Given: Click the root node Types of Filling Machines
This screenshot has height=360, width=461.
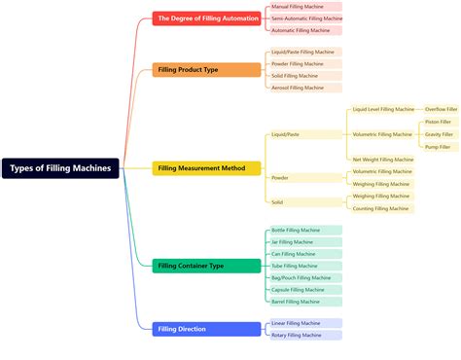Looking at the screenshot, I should (60, 168).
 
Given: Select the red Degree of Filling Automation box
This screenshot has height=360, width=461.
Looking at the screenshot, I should (207, 18).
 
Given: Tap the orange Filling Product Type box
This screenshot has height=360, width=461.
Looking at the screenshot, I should (207, 70).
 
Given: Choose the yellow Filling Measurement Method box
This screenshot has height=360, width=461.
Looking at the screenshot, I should (207, 168).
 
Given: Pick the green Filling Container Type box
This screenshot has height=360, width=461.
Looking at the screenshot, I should (207, 266).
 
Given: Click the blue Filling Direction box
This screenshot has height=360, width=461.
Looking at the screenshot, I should (207, 329).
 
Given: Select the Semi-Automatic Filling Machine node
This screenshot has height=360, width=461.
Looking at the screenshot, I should (306, 18).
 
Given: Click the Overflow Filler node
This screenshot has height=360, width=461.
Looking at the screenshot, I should (441, 110).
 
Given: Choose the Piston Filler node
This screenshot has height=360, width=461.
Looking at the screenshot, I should (438, 122).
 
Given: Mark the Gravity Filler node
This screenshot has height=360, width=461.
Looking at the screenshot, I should (439, 134).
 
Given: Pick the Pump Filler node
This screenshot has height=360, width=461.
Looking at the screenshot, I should (438, 147).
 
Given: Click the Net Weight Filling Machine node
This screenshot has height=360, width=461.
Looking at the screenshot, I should (382, 160).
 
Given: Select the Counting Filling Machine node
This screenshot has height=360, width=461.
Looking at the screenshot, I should (381, 208).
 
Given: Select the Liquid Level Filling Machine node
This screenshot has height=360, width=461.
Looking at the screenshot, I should (382, 110).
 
